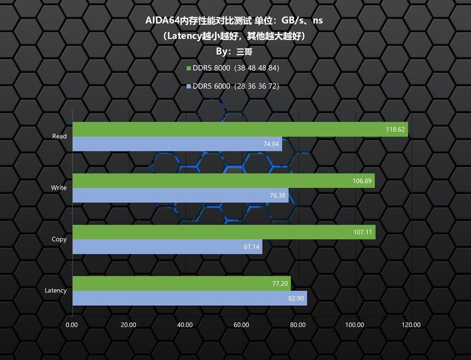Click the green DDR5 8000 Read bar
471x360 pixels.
tap(240, 129)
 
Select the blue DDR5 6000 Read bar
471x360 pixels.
tap(177, 144)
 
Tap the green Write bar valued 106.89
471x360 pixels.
tap(223, 181)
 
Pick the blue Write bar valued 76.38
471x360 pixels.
tap(180, 195)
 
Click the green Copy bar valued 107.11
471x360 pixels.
tap(224, 232)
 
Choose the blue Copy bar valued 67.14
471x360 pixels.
tap(167, 246)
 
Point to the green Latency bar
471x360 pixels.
tap(181, 283)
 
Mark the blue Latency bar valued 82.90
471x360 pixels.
tap(190, 298)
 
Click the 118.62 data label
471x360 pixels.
tap(395, 130)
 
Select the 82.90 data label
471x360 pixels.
tap(294, 299)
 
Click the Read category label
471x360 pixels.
tap(59, 136)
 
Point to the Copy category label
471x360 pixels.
tap(59, 239)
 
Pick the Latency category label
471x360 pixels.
tap(55, 291)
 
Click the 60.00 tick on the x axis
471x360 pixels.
tap(241, 325)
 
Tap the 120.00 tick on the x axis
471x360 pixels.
tap(411, 325)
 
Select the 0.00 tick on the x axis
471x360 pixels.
tap(72, 325)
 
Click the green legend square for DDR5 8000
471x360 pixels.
tap(189, 68)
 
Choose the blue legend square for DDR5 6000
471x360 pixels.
tap(189, 86)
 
